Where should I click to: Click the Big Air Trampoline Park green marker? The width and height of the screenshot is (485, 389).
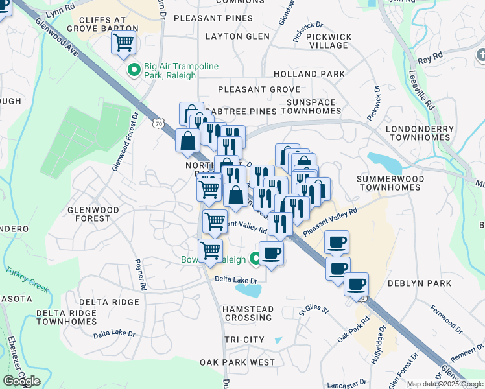(134, 70)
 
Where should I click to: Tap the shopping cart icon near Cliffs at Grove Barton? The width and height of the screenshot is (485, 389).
(123, 43)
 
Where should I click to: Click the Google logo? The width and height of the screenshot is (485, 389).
(21, 381)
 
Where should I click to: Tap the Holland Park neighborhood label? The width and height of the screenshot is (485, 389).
(309, 74)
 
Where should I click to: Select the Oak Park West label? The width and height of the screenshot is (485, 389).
(237, 362)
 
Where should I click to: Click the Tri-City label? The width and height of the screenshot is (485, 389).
(244, 340)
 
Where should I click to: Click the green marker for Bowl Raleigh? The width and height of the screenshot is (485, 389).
(255, 259)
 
